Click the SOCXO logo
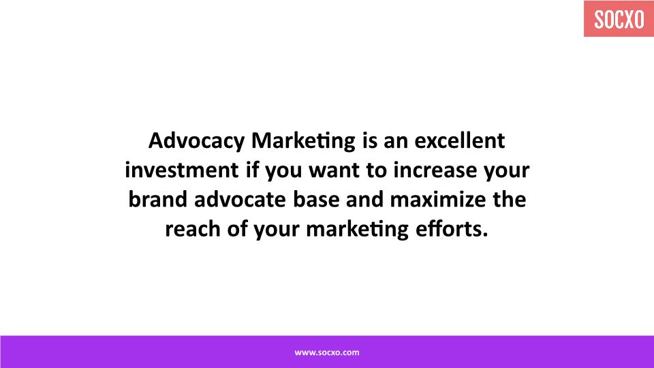619,19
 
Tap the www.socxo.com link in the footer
327,352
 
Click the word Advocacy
196,141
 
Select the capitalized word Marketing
303,141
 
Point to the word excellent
460,140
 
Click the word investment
182,170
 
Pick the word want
334,170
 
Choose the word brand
158,199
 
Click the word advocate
240,199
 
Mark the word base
316,199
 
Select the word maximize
438,199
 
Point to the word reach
193,229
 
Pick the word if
252,170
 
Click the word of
237,229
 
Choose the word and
365,199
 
